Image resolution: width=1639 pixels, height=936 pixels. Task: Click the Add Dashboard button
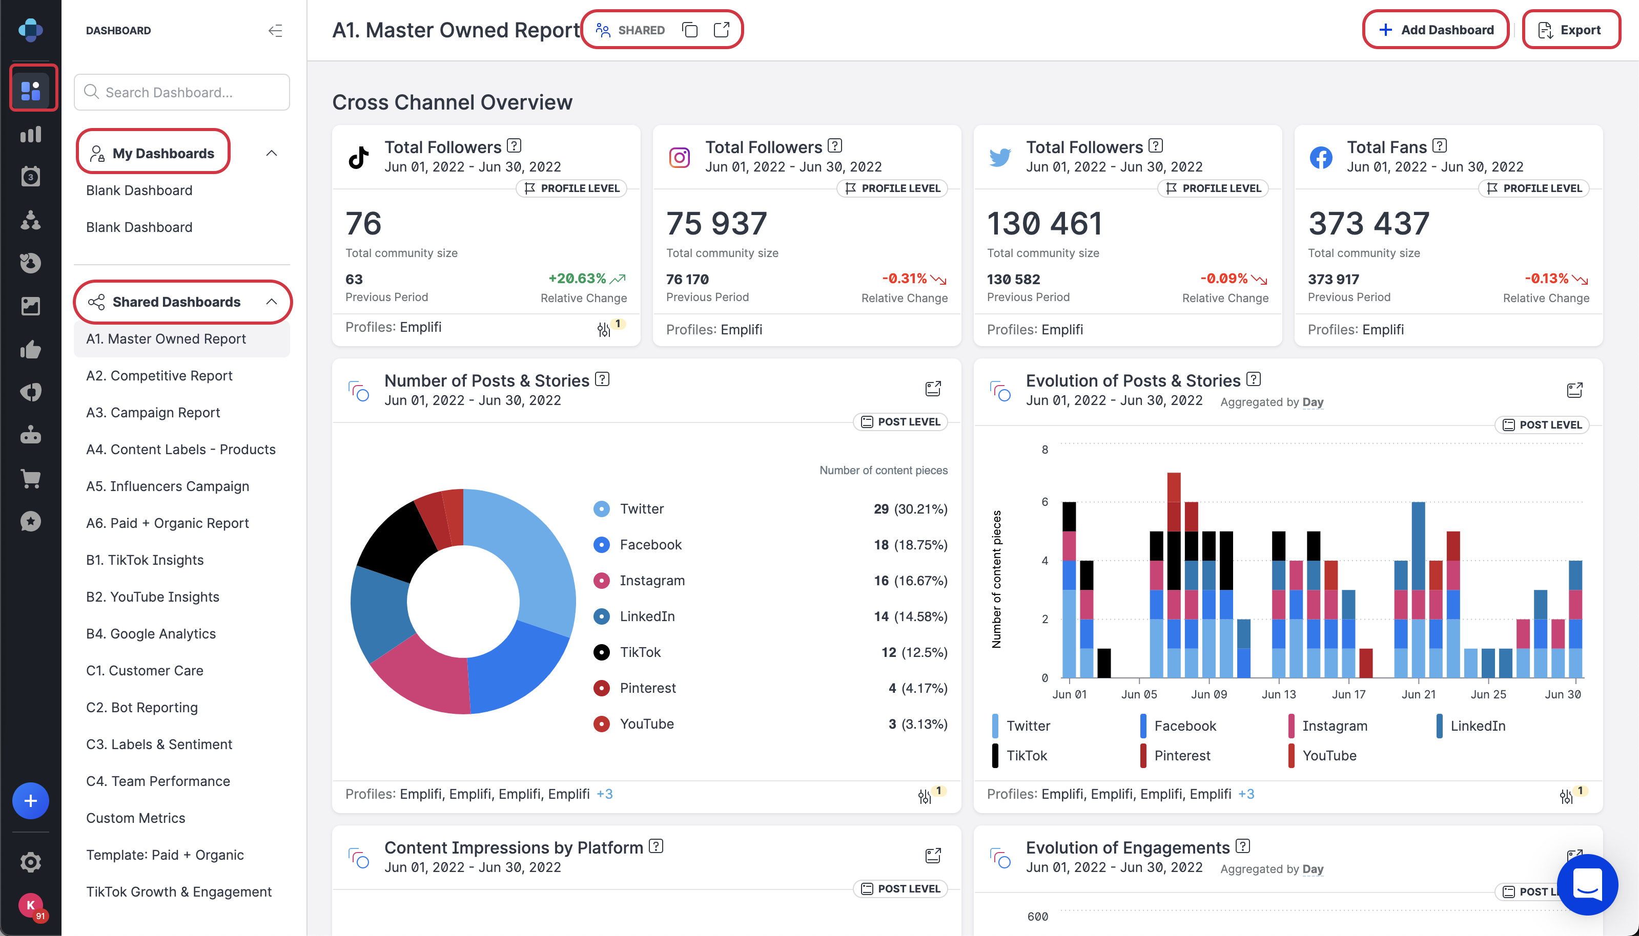[1436, 30]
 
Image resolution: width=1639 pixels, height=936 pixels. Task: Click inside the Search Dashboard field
[182, 92]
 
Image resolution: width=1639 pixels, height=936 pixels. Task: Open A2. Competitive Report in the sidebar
[159, 375]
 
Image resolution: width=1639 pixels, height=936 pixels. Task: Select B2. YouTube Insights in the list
[152, 597]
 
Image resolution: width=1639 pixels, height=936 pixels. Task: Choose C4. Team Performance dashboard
[158, 781]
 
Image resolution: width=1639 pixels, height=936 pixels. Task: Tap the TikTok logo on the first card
[358, 157]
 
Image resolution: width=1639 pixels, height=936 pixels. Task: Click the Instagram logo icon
[679, 157]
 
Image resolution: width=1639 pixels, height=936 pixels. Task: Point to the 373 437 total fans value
[1368, 223]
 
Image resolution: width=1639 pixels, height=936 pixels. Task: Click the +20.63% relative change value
[577, 279]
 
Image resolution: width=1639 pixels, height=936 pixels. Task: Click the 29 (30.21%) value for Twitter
[910, 508]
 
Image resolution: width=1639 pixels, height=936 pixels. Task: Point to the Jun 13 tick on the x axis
[1279, 694]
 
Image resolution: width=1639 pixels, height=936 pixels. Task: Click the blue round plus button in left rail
[30, 801]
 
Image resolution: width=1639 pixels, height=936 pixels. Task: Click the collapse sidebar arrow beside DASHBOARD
[275, 30]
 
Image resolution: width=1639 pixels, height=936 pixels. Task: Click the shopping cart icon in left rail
[30, 478]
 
